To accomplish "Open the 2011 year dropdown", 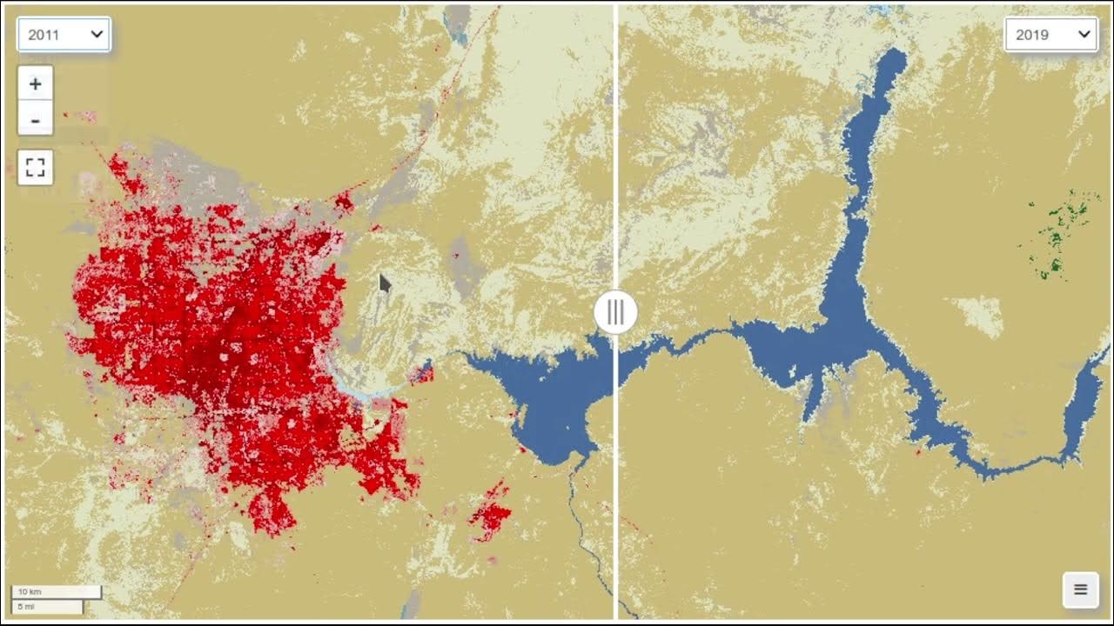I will point(64,35).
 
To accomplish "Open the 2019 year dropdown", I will point(1051,35).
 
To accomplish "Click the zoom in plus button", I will point(36,84).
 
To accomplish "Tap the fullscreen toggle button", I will point(36,168).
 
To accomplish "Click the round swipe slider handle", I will point(616,311).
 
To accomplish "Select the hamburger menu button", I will point(1080,590).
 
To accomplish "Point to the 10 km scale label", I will point(30,592).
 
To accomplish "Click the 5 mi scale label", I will point(26,606).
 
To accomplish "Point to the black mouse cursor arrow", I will point(385,283).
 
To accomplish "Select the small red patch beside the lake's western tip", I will point(423,375).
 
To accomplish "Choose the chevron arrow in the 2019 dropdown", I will point(1084,35).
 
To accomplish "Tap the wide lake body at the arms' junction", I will point(840,335).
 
